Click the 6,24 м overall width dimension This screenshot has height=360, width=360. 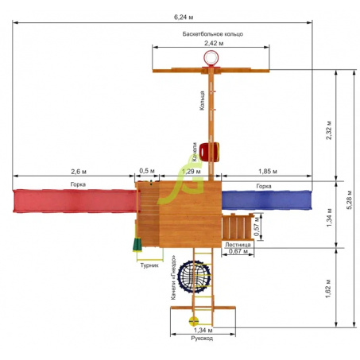tap(184, 17)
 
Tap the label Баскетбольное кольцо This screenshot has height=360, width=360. tap(212, 34)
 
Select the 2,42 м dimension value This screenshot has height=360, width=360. tap(214, 43)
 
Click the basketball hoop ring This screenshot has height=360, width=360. tap(211, 58)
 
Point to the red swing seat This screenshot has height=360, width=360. tap(209, 152)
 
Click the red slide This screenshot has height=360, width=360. tap(75, 201)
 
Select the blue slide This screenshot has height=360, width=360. tap(266, 200)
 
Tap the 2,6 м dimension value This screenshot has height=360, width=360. tap(79, 172)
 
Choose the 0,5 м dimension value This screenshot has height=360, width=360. tap(146, 171)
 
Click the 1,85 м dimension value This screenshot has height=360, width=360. tap(268, 172)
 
